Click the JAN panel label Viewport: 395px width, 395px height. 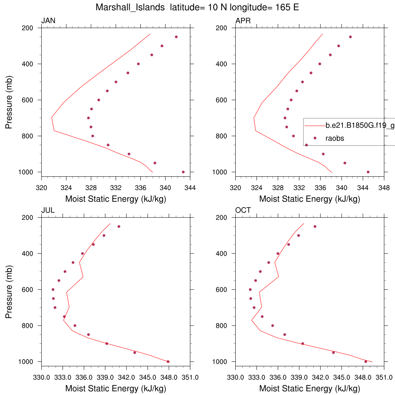[48, 21]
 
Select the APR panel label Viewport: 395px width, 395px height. [243, 21]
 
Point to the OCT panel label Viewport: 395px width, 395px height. [243, 210]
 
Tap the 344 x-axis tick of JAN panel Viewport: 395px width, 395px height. [190, 188]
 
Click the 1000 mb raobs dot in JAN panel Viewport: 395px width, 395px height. [183, 172]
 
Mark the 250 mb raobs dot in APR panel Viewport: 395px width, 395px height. [350, 37]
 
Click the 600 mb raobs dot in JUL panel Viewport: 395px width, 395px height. [53, 289]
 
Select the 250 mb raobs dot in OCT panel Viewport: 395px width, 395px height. [315, 226]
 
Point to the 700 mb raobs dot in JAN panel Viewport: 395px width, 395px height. [88, 118]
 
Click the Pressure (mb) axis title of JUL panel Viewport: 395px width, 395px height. [9, 289]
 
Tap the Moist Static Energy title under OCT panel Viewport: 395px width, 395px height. [309, 388]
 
